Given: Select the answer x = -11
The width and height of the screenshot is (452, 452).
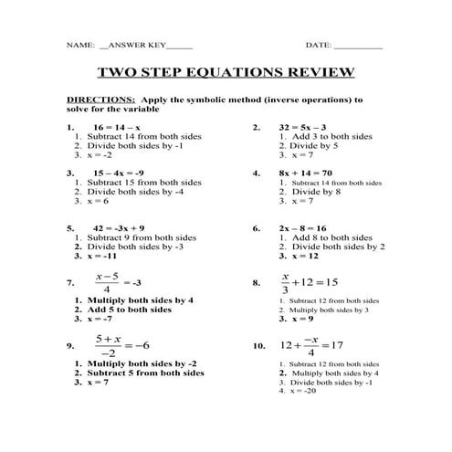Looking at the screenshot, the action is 106,257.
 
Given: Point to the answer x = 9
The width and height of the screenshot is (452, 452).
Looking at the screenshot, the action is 296,319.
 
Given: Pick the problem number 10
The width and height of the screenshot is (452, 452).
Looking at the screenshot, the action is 258,347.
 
